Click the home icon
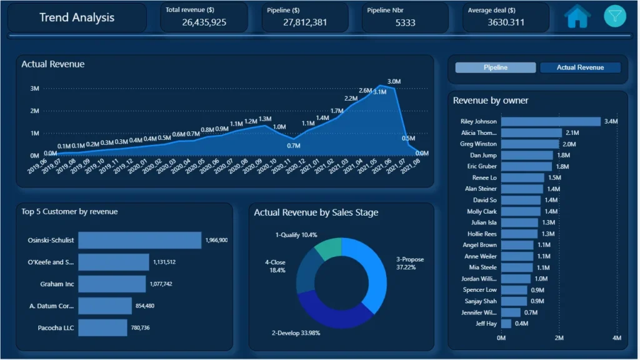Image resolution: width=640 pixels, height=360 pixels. point(577,17)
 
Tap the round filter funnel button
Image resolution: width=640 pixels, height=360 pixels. point(615,16)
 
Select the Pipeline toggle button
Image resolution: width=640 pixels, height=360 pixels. point(496,67)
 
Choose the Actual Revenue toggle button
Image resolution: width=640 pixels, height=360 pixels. point(580,67)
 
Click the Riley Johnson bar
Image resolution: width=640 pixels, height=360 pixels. point(551,121)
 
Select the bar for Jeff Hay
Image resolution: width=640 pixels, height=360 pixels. point(506,324)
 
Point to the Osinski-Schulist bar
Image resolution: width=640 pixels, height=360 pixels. point(140,240)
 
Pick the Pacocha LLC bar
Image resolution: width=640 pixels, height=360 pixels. point(103,327)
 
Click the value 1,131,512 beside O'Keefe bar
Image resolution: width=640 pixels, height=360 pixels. point(164,262)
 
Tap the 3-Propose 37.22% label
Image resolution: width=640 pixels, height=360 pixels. point(410,263)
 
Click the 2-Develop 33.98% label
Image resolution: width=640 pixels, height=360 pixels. point(296,333)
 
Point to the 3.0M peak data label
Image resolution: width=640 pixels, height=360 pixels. point(394,82)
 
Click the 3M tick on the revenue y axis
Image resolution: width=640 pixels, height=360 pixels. point(35,89)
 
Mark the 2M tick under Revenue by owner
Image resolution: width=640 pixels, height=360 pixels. point(559,338)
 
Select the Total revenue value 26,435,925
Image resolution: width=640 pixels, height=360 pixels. point(204,22)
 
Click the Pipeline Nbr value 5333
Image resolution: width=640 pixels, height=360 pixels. point(405,23)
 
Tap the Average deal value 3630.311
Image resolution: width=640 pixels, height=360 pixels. point(506,22)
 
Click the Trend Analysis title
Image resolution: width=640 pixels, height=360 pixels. point(77,17)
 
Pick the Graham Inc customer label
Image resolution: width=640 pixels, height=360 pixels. point(57,284)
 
